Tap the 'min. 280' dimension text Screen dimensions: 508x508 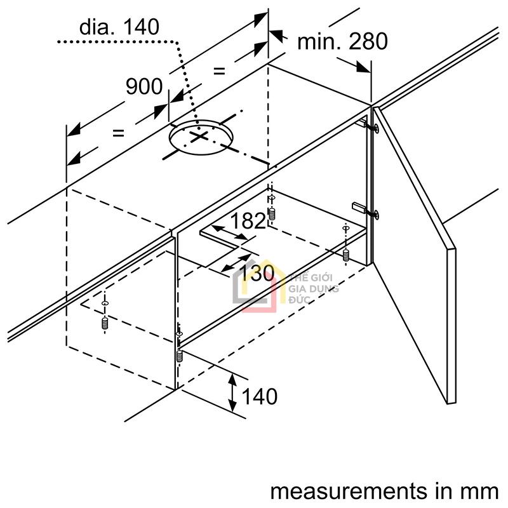pyautogui.click(x=342, y=41)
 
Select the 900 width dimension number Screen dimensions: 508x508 pyautogui.click(x=144, y=86)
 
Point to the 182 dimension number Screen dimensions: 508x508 pyautogui.click(x=247, y=221)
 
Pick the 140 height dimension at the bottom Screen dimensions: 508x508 pyautogui.click(x=260, y=396)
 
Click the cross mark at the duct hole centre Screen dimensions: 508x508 pyautogui.click(x=199, y=136)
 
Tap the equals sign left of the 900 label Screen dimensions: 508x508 pyautogui.click(x=117, y=133)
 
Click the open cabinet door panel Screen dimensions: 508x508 pyautogui.click(x=416, y=254)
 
